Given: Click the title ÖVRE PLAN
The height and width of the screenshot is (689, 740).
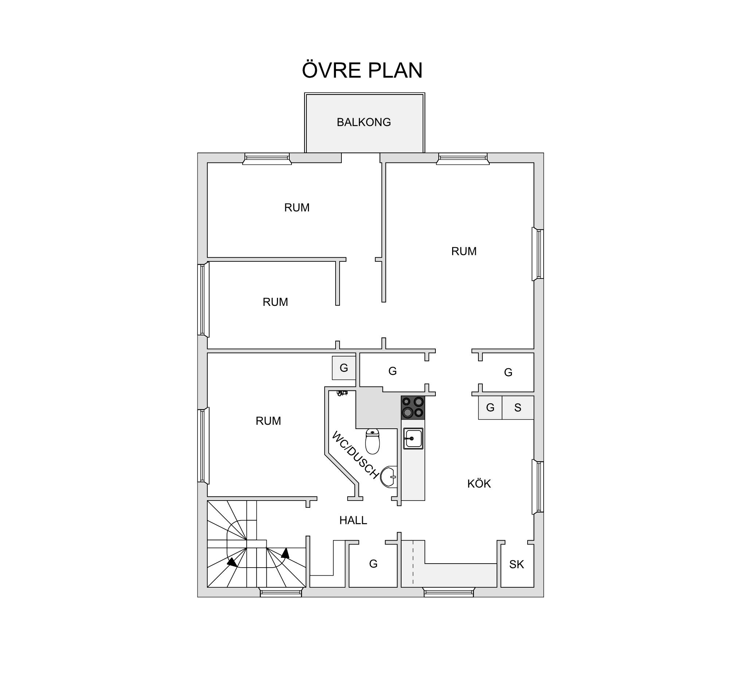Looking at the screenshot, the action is click(x=362, y=70).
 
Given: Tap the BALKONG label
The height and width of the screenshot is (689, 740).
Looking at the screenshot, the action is click(x=364, y=122).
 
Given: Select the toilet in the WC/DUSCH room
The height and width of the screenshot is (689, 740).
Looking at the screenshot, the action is click(x=372, y=441).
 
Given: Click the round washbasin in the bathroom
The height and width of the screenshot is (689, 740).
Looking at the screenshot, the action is click(x=389, y=476).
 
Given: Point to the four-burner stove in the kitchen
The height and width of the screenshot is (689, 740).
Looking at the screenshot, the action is click(x=413, y=408).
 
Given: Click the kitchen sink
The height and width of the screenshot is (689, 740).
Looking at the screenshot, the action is click(x=413, y=438).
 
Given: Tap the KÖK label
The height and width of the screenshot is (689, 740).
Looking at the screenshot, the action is click(x=479, y=484).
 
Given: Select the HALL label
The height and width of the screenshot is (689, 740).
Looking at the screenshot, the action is click(x=353, y=520).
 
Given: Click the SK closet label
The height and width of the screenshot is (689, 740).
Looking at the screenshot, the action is click(x=516, y=565).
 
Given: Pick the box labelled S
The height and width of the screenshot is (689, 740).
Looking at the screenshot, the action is click(x=518, y=408).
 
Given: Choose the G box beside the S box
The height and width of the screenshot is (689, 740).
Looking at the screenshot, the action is click(x=490, y=408).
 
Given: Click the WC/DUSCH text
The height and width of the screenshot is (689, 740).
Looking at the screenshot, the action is click(x=356, y=455).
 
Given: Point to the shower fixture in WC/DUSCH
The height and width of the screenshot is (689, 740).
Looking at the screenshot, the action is click(x=342, y=393).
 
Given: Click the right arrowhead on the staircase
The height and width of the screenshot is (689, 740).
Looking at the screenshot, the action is click(x=286, y=553).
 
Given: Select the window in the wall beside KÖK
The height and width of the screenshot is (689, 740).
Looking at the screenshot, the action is click(x=538, y=487).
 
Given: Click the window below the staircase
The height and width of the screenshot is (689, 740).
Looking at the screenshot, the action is click(x=281, y=592).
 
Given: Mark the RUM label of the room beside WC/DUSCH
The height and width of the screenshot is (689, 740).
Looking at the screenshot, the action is click(x=268, y=421).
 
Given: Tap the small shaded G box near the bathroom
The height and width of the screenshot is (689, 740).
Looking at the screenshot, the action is click(x=344, y=368).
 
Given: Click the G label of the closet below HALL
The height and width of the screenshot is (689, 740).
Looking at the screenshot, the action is click(x=373, y=564).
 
